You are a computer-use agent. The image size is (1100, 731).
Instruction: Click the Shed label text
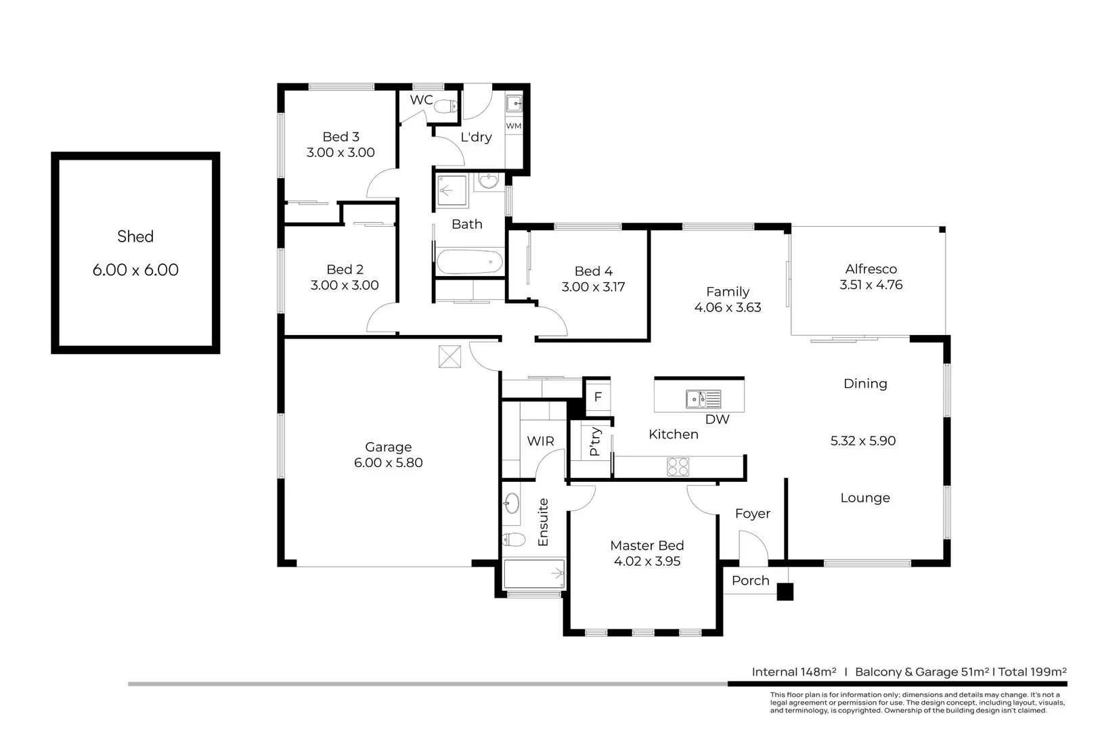pyautogui.click(x=135, y=236)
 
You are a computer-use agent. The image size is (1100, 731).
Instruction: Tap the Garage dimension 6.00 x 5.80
pyautogui.click(x=388, y=463)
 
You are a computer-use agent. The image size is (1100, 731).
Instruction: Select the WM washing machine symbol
pyautogui.click(x=514, y=126)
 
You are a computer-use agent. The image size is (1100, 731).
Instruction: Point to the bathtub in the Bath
pyautogui.click(x=469, y=262)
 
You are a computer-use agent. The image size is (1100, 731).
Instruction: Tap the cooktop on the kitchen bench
pyautogui.click(x=678, y=466)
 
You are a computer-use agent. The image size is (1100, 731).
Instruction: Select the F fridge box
pyautogui.click(x=598, y=397)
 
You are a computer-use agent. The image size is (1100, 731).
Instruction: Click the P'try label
pyautogui.click(x=595, y=441)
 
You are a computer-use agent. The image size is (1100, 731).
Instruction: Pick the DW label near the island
pyautogui.click(x=717, y=420)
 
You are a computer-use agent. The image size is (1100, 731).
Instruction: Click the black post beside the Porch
pyautogui.click(x=785, y=592)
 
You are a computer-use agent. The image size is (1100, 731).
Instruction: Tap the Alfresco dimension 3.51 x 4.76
pyautogui.click(x=871, y=285)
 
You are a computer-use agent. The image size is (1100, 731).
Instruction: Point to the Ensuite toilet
pyautogui.click(x=514, y=539)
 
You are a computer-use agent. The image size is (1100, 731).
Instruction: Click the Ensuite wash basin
pyautogui.click(x=512, y=503)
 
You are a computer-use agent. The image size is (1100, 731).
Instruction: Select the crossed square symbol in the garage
pyautogui.click(x=449, y=356)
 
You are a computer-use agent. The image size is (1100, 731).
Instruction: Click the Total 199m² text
pyautogui.click(x=1032, y=672)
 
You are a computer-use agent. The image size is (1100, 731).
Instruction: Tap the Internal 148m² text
pyautogui.click(x=793, y=672)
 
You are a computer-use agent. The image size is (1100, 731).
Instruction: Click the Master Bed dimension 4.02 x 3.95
pyautogui.click(x=646, y=561)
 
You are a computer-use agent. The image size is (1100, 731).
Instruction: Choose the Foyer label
pyautogui.click(x=752, y=514)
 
